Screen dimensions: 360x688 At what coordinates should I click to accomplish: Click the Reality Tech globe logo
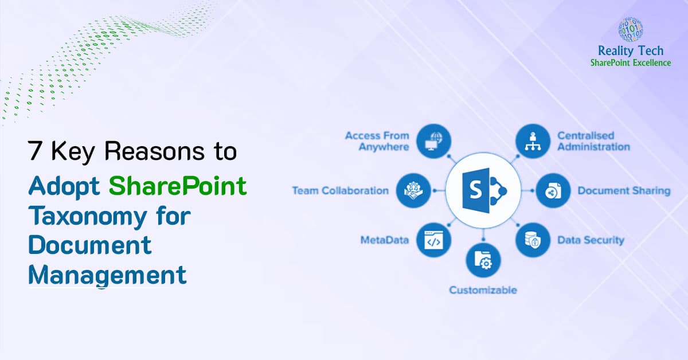(630, 29)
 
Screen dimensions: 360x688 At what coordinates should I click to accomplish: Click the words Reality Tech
(631, 52)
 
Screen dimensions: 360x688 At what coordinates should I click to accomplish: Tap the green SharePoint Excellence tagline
(630, 62)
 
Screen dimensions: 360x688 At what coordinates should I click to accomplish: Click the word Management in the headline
(107, 275)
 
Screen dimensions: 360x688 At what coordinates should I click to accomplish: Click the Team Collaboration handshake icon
(413, 190)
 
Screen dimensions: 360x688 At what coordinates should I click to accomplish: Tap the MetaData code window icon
(434, 240)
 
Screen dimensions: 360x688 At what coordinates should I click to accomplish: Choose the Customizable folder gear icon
(482, 261)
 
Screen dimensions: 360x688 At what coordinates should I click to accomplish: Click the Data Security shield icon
(533, 240)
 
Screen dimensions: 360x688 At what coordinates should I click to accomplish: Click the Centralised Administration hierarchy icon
(533, 141)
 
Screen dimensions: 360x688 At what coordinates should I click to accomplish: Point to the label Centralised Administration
(593, 141)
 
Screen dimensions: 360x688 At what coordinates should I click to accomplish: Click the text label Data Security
(591, 240)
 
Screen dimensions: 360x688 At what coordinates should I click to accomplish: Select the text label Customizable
(483, 290)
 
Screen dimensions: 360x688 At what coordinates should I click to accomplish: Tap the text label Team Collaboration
(340, 190)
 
